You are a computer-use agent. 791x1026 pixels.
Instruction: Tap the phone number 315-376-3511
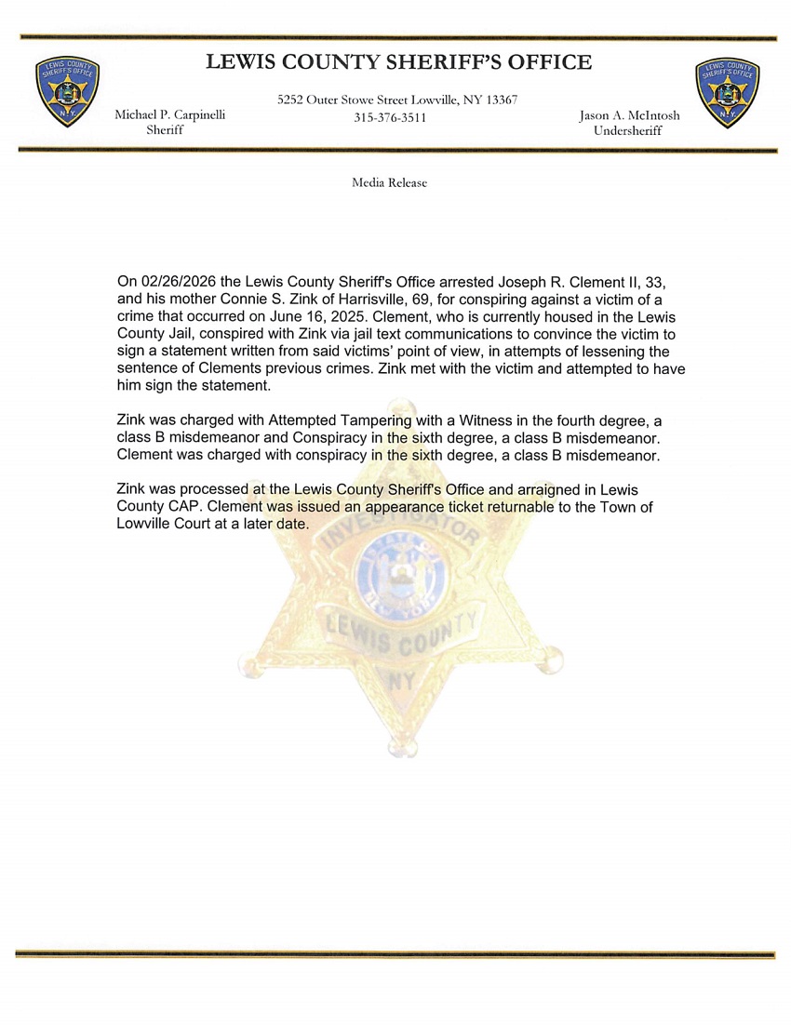(x=390, y=118)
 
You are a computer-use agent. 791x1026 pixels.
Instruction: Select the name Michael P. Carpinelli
(x=169, y=115)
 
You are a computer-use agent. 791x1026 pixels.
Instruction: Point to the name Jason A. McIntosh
(x=629, y=115)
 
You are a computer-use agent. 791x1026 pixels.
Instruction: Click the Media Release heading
(x=389, y=183)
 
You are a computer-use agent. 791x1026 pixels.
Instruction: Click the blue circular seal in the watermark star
(x=403, y=576)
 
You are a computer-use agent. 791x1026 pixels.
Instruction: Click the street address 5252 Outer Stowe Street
(x=346, y=100)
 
